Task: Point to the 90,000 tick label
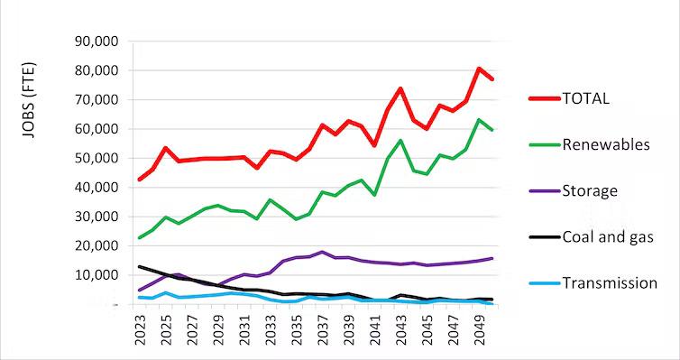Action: click(x=94, y=42)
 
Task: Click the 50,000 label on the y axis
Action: click(x=94, y=158)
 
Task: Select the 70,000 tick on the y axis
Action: click(x=94, y=100)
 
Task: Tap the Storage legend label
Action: click(x=589, y=190)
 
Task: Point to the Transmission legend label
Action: click(x=610, y=283)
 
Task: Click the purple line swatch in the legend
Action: click(x=540, y=190)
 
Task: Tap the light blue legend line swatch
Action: click(x=540, y=283)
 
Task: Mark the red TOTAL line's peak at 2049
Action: click(x=479, y=69)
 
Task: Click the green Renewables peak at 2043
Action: click(x=400, y=141)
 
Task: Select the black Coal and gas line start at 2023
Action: click(x=140, y=267)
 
